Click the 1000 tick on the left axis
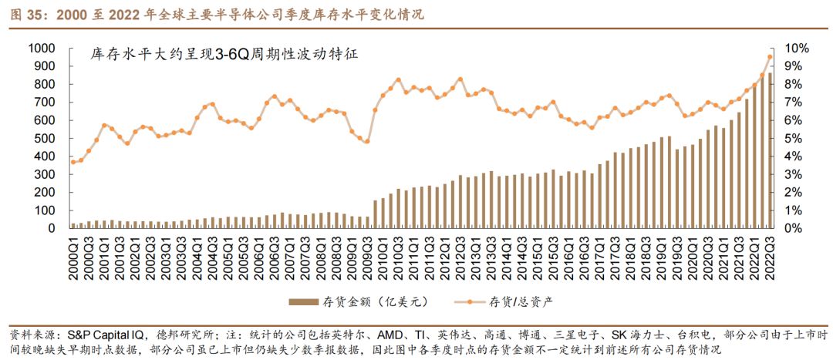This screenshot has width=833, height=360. point(40,48)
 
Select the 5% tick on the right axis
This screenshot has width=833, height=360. point(794,138)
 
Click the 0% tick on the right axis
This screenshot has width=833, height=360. point(794,228)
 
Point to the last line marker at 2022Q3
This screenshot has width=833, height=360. point(770,56)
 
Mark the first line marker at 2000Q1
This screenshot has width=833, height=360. point(74,162)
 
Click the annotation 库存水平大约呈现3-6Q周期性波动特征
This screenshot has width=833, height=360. point(224,56)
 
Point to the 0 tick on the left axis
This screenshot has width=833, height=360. point(50,228)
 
